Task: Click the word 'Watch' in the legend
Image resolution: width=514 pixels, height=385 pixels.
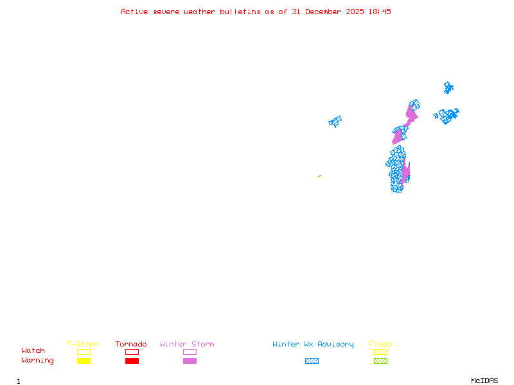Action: coord(33,351)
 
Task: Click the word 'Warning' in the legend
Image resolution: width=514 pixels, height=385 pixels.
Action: coord(38,361)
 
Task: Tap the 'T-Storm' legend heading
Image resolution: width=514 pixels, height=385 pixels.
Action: coord(83,345)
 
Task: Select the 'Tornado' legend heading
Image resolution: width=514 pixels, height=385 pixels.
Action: coord(131,345)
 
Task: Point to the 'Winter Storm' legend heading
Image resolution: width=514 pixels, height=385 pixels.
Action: coord(187,345)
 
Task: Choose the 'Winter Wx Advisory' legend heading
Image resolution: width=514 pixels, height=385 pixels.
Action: coord(313,345)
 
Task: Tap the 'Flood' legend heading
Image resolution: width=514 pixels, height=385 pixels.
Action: coord(380,345)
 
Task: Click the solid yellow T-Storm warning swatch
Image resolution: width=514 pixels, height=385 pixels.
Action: coord(84,361)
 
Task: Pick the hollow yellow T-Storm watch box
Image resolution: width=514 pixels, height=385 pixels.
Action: coord(84,352)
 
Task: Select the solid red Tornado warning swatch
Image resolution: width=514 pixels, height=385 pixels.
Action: coord(132,361)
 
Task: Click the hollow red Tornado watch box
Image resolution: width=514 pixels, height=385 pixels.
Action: coord(132,352)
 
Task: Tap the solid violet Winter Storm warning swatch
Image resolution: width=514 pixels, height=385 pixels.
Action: coord(190,361)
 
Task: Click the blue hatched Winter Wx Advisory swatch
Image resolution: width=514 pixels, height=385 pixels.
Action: coord(312,361)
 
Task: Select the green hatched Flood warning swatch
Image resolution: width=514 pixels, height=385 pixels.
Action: coord(380,361)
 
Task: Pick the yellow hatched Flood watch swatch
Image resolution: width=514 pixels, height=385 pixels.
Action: coord(380,352)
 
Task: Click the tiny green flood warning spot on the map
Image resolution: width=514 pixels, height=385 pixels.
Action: coord(319,176)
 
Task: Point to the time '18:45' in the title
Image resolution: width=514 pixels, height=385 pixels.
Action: coord(380,12)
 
